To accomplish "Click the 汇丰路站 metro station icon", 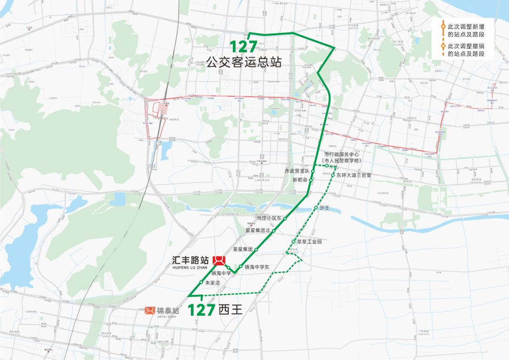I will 219,261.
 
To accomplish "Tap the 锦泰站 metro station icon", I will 150,311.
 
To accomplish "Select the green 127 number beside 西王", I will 202,310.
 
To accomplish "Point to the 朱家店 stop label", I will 212,283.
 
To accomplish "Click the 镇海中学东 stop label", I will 256,267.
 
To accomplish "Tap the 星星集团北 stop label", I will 258,230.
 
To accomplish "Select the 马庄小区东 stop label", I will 269,218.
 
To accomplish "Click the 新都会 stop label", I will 300,180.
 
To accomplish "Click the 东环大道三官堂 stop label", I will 353,175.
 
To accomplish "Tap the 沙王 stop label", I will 324,207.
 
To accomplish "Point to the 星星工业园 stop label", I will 309,242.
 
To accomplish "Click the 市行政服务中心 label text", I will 342,155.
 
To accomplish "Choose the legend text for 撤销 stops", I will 466,50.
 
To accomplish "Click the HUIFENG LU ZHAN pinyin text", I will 190,267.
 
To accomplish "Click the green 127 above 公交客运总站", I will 244,46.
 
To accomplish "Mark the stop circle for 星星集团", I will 256,248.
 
